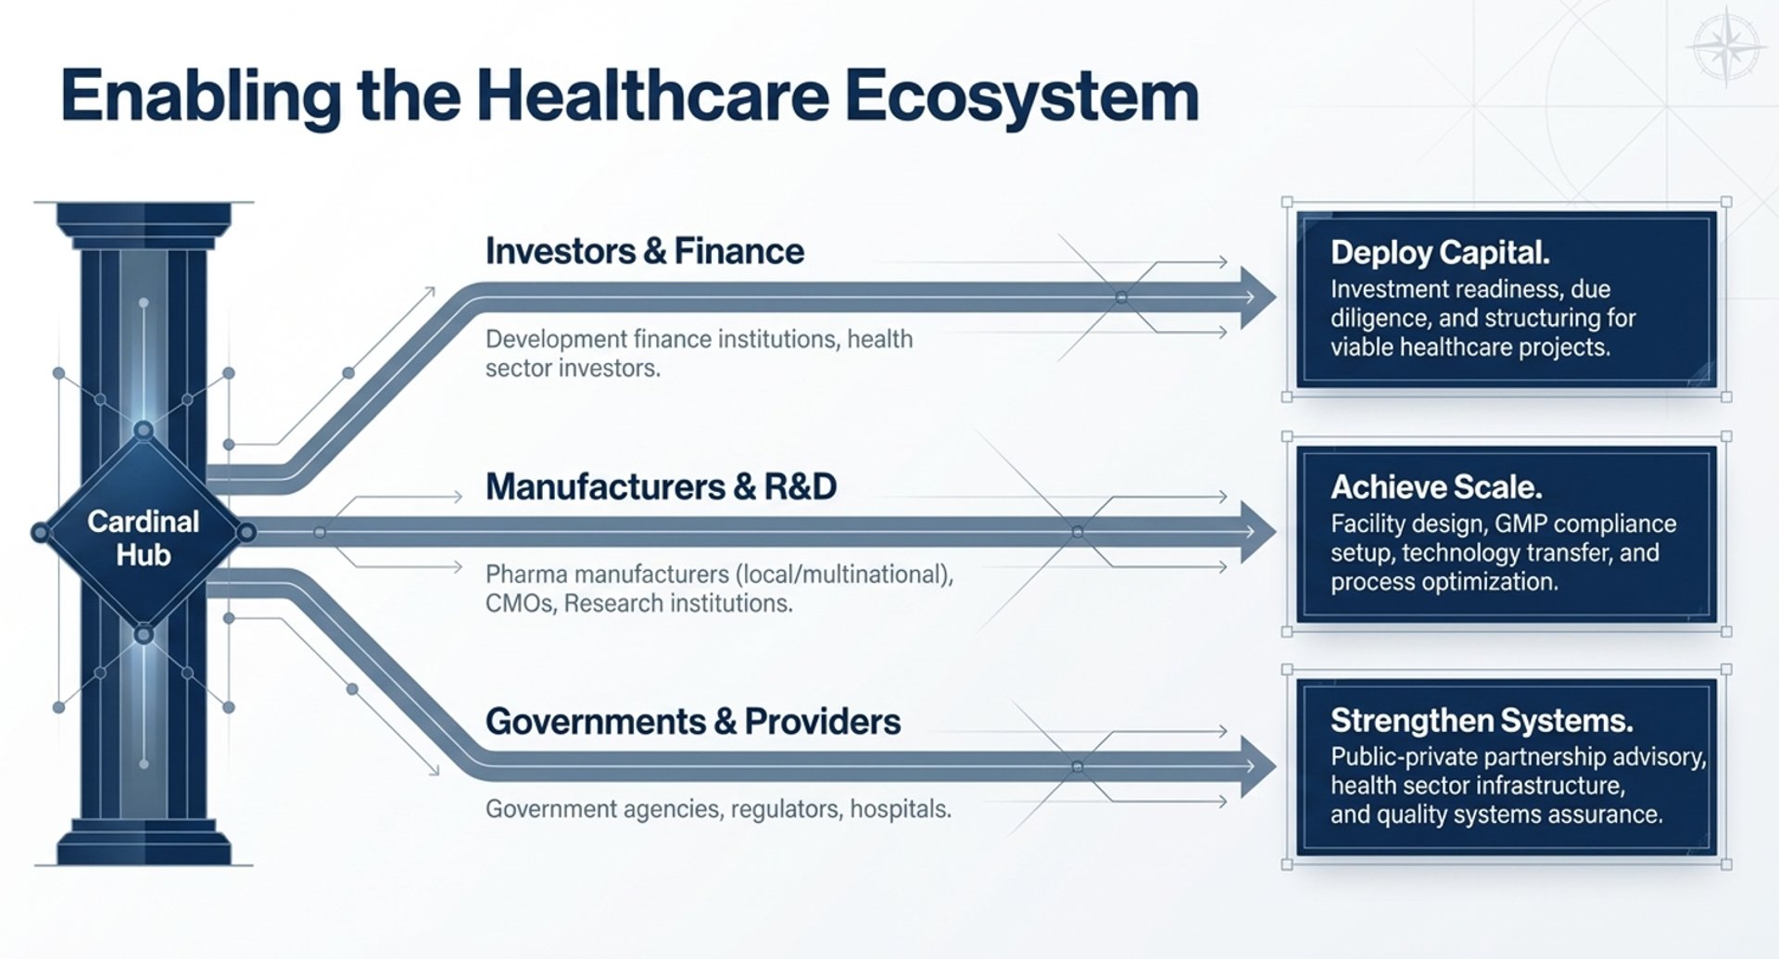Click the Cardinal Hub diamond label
(143, 538)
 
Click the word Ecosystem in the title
(1022, 96)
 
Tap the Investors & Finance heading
(645, 251)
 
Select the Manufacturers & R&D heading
(661, 486)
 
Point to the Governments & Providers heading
(693, 722)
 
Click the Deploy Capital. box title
(1440, 252)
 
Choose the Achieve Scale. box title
(1436, 487)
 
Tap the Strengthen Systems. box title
(1482, 720)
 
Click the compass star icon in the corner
(1727, 46)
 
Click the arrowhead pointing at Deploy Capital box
(1258, 297)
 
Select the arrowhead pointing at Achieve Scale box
(1258, 532)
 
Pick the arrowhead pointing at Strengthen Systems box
(1258, 766)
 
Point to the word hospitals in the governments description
(901, 810)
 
